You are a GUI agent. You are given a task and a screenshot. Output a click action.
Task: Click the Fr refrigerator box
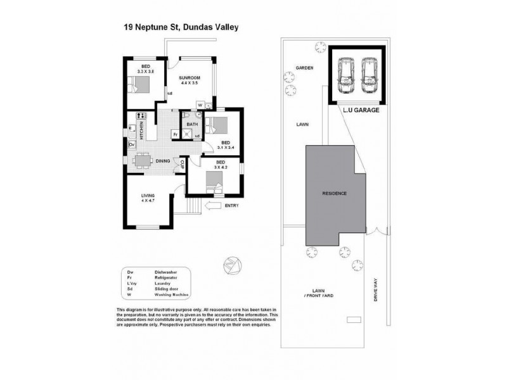pos(174,134)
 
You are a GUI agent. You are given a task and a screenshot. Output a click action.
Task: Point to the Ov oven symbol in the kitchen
pos(132,145)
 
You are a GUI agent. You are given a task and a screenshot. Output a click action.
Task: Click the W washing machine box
pos(200,105)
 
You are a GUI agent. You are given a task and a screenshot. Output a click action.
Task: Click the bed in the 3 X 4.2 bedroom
pos(215,184)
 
